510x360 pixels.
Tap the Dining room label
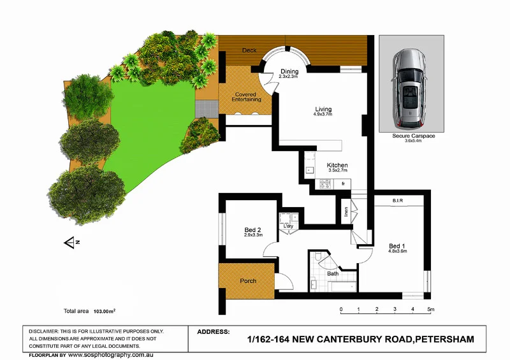tap(289, 71)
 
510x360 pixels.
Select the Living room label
tap(323, 109)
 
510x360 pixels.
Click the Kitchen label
tap(337, 166)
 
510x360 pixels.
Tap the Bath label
tap(333, 274)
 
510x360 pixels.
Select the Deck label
tap(249, 50)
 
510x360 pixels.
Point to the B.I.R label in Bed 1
tap(398, 201)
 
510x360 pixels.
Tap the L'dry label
tap(288, 226)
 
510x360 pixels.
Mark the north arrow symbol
tap(69, 241)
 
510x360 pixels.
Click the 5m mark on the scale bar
tap(431, 310)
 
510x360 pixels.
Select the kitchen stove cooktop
tap(324, 185)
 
